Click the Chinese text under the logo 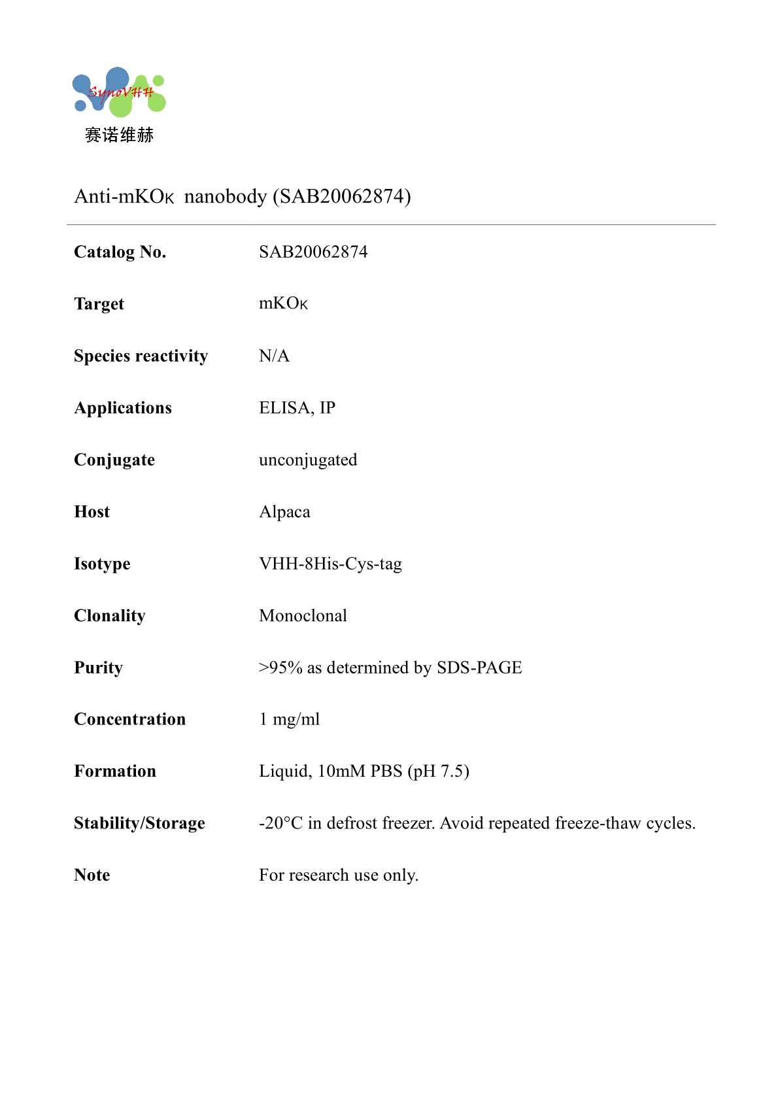[x=119, y=135]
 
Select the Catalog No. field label [x=120, y=252]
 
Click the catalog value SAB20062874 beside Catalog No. [x=313, y=252]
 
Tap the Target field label [x=99, y=304]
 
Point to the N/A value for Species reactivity [x=274, y=356]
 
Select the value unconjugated [x=308, y=460]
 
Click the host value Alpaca [x=284, y=512]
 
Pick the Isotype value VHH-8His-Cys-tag [x=330, y=564]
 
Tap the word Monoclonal [x=303, y=616]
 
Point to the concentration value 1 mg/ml [x=290, y=719]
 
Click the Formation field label [x=115, y=771]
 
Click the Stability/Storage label [x=139, y=823]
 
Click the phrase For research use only [x=339, y=875]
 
